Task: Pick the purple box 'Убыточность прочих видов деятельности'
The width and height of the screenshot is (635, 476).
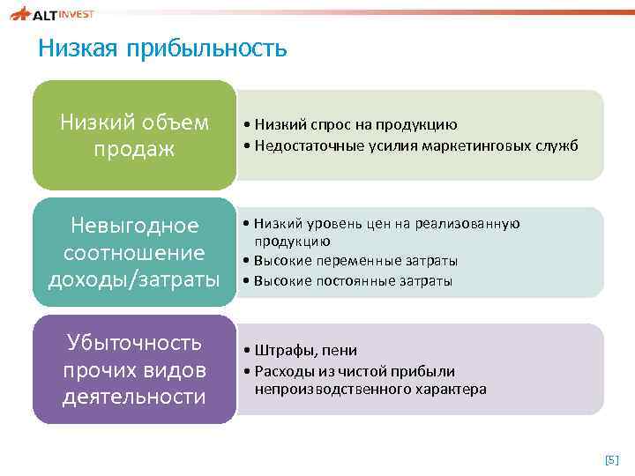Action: [x=134, y=369]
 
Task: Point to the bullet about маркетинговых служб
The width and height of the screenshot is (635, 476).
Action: [x=411, y=145]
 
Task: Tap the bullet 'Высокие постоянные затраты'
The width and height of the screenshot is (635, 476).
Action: [x=352, y=281]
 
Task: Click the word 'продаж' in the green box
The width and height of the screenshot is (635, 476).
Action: [x=134, y=150]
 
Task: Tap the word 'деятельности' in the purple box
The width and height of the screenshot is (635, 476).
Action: [x=134, y=397]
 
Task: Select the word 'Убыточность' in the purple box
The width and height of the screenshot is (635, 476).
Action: [x=134, y=342]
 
